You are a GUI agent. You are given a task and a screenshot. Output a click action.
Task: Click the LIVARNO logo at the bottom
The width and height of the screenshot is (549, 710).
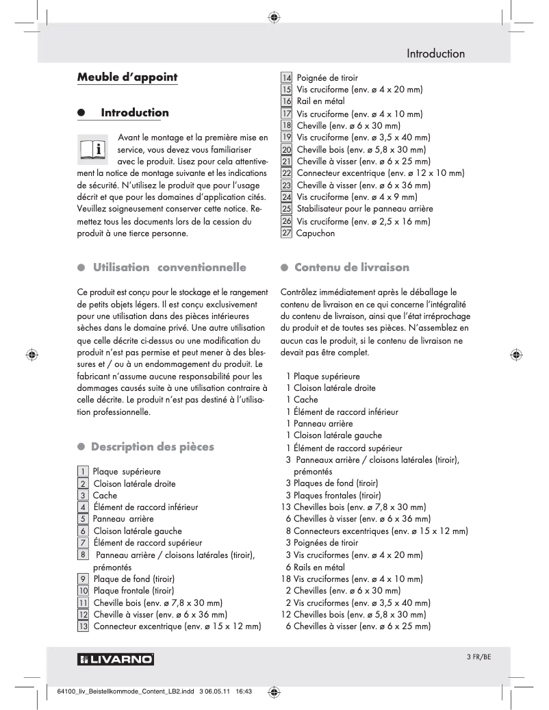(116, 659)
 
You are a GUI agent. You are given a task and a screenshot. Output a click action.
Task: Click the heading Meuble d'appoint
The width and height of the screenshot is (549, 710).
(127, 77)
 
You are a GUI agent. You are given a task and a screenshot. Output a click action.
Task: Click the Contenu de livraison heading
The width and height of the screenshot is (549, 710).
(351, 266)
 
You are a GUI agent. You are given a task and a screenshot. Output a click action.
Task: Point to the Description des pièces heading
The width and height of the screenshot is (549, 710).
(153, 446)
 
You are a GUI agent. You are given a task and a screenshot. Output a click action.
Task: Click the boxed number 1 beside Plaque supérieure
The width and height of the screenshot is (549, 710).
(83, 471)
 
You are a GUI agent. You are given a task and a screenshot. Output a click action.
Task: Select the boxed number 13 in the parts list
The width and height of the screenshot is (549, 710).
(83, 626)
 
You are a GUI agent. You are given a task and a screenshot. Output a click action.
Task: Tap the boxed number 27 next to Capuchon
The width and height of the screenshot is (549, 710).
(287, 233)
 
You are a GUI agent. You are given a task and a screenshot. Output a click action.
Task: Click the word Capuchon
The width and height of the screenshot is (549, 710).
(316, 233)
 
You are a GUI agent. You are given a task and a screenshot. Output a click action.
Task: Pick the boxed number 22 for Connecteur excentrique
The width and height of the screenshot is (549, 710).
(287, 173)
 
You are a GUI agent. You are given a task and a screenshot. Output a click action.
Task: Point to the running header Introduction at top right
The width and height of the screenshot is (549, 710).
(435, 53)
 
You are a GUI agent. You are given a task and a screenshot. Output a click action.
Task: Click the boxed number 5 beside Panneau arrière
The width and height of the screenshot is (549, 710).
(83, 519)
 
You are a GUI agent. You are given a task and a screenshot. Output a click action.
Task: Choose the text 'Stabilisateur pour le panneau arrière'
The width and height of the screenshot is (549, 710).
(364, 208)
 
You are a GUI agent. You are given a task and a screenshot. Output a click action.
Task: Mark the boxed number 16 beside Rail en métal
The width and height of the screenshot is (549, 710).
(287, 101)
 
